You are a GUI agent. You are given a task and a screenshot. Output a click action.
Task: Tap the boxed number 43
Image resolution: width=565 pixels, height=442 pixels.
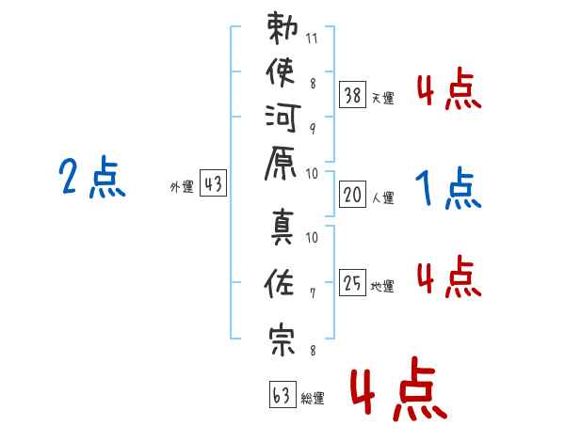point(213,184)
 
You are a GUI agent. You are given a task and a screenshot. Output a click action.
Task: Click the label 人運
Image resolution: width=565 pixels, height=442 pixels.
point(383,198)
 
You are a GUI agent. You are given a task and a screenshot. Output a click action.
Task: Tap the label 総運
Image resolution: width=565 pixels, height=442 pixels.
point(313,399)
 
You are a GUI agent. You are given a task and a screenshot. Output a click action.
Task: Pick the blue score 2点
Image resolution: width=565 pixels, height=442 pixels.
point(92,179)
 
